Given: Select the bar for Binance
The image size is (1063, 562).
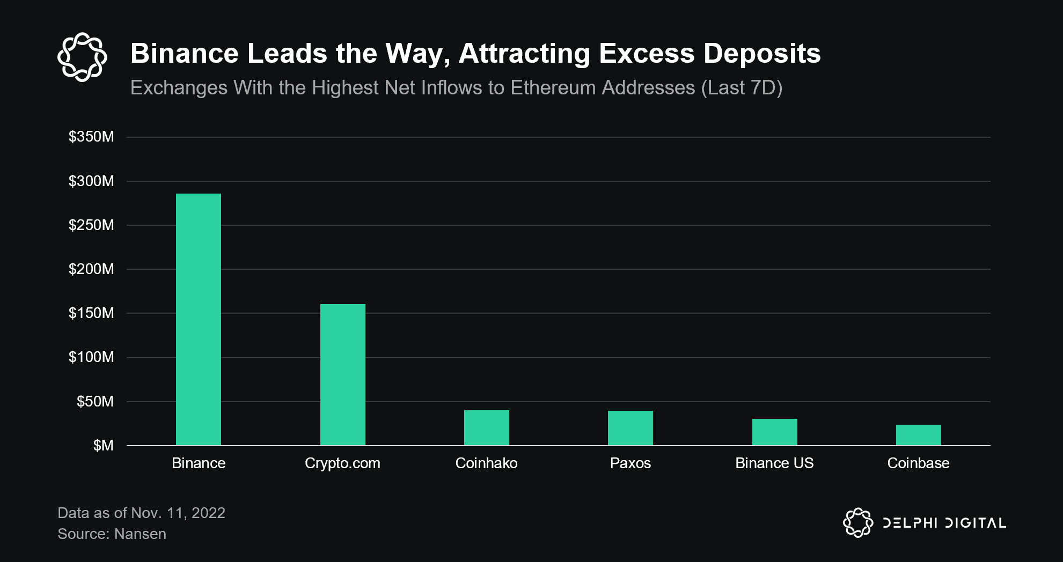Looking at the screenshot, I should pyautogui.click(x=198, y=320).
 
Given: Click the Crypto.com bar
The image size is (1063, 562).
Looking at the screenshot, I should pyautogui.click(x=342, y=375).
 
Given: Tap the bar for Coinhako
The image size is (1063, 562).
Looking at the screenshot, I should pyautogui.click(x=486, y=428).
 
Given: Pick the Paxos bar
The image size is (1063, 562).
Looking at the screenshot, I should pyautogui.click(x=630, y=428).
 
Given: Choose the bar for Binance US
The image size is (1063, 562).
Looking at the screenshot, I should pyautogui.click(x=774, y=432).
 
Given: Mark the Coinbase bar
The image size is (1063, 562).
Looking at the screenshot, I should pyautogui.click(x=918, y=435).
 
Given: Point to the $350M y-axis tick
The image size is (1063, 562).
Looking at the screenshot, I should pyautogui.click(x=91, y=137).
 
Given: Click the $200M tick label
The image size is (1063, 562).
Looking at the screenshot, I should pyautogui.click(x=91, y=269).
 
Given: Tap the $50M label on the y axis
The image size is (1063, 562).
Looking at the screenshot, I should pyautogui.click(x=95, y=402).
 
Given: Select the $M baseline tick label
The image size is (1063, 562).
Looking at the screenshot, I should pyautogui.click(x=103, y=446).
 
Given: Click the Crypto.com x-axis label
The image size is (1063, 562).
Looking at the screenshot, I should pyautogui.click(x=342, y=463).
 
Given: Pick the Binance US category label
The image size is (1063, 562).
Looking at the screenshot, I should pyautogui.click(x=774, y=463).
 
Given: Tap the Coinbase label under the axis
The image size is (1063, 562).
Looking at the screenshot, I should pyautogui.click(x=918, y=463).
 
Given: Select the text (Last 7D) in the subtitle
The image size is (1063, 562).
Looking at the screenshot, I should pyautogui.click(x=742, y=88).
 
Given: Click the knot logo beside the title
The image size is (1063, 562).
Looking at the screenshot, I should pyautogui.click(x=82, y=57).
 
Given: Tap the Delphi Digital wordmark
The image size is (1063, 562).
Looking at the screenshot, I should pyautogui.click(x=944, y=523).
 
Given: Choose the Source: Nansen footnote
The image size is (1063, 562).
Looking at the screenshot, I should pyautogui.click(x=112, y=534).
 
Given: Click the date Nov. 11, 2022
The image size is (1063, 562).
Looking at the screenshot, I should pyautogui.click(x=178, y=513).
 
